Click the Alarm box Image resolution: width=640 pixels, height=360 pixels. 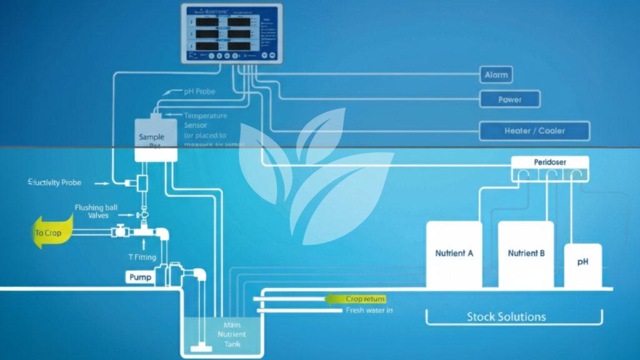coord(496,75)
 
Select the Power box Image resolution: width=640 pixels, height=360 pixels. coord(509,99)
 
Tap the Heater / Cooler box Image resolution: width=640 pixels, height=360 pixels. coord(534,131)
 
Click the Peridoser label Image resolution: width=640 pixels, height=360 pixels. coord(550,162)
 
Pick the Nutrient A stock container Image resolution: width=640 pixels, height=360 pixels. coord(454,254)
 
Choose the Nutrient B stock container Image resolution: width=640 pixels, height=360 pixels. coord(526,254)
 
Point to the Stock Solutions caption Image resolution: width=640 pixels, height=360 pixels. coord(506,316)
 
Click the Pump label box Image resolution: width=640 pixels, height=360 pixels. coord(140,277)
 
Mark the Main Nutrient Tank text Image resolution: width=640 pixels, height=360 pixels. coord(231,335)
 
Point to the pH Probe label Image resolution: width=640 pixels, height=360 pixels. coord(199,91)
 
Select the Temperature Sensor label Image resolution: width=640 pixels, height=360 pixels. coord(205,120)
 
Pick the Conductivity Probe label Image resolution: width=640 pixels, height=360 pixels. coord(52,183)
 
